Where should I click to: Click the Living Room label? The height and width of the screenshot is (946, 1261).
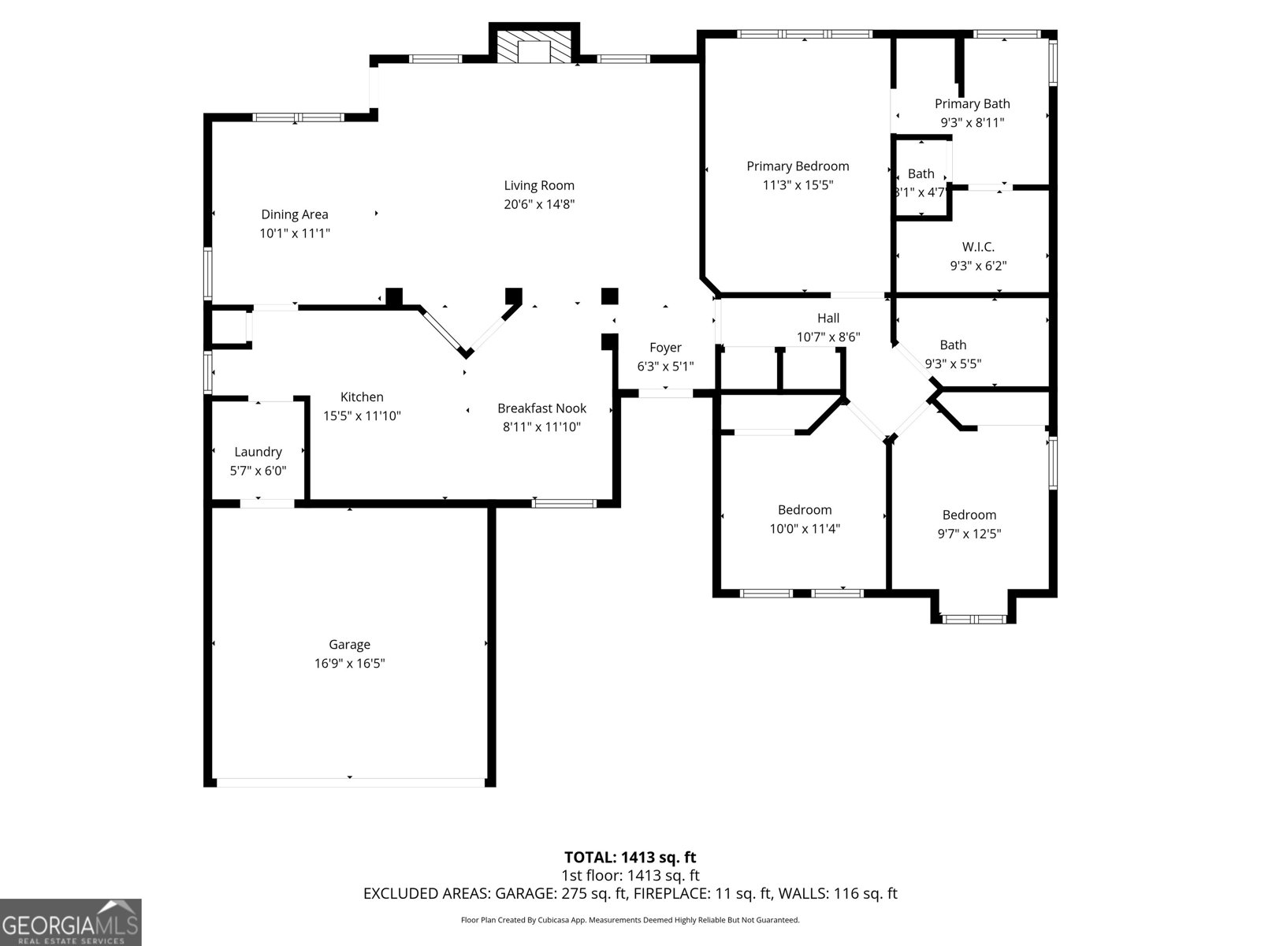pos(539,185)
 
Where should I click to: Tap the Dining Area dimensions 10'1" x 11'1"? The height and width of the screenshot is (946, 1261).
pos(295,233)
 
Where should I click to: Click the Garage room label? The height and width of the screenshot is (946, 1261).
pos(349,644)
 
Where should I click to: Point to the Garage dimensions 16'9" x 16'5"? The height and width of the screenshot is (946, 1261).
pos(349,663)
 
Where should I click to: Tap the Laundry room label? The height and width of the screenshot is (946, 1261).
pos(258,452)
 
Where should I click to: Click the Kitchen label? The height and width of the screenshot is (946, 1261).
pos(362,397)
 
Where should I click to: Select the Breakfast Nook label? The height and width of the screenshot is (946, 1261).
pos(541,408)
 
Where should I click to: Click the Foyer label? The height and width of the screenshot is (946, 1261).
pos(665,347)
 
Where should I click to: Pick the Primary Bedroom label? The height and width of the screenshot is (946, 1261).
pos(798,166)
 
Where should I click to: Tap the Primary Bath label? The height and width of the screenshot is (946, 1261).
pos(972,103)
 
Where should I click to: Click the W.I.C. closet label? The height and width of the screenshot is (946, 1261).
pos(978,247)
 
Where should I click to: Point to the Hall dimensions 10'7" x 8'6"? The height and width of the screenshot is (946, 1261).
pos(828,337)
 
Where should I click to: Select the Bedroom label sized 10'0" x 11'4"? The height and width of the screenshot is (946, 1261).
pos(805,509)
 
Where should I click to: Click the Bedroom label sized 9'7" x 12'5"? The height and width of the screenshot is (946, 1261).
pos(969,515)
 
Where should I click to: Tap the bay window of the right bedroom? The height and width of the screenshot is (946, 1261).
pos(974,618)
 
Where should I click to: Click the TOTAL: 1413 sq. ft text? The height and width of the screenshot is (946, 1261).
pos(630,857)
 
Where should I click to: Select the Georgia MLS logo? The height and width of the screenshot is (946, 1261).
pos(70,922)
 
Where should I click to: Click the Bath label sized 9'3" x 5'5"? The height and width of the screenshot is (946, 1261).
pos(953,345)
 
